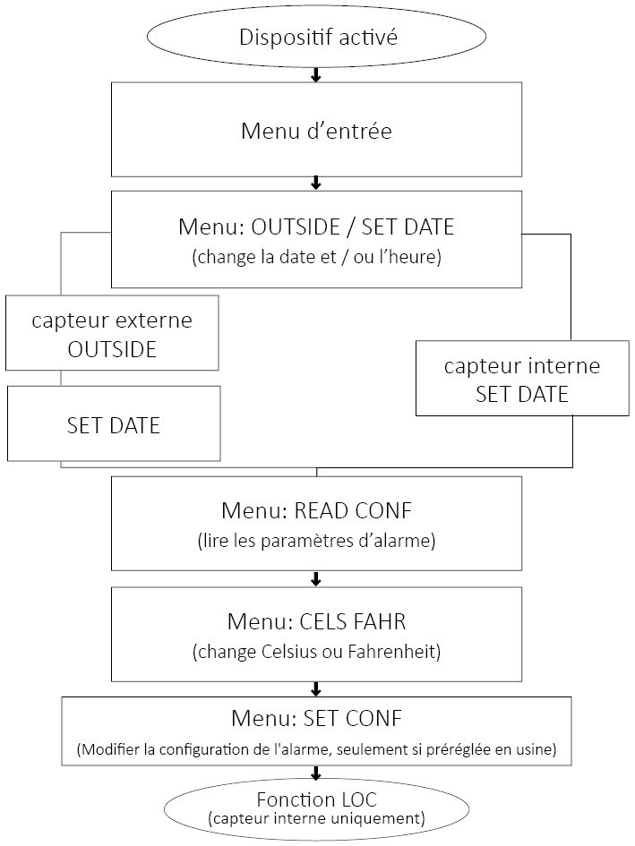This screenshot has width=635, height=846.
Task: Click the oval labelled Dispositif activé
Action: point(316,38)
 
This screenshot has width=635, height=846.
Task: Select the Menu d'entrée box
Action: point(316,130)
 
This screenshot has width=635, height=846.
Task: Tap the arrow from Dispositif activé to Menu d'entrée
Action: point(316,74)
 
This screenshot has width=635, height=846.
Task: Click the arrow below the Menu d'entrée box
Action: point(316,183)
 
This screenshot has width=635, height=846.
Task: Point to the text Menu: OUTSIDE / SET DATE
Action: point(316,226)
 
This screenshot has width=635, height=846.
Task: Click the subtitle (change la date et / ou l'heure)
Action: point(316,258)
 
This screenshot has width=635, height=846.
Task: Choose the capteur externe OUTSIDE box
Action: point(112,333)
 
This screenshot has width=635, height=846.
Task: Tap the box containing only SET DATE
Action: point(114,424)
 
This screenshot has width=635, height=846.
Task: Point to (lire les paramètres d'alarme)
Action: point(316,542)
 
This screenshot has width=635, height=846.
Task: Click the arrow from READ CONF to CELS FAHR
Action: point(316,578)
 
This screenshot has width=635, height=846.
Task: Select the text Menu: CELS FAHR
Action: point(316,620)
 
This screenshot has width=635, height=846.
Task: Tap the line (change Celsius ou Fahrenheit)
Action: point(316,651)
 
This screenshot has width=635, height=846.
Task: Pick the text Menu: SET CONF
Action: point(316,718)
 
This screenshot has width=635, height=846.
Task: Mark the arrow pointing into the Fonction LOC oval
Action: point(316,772)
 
